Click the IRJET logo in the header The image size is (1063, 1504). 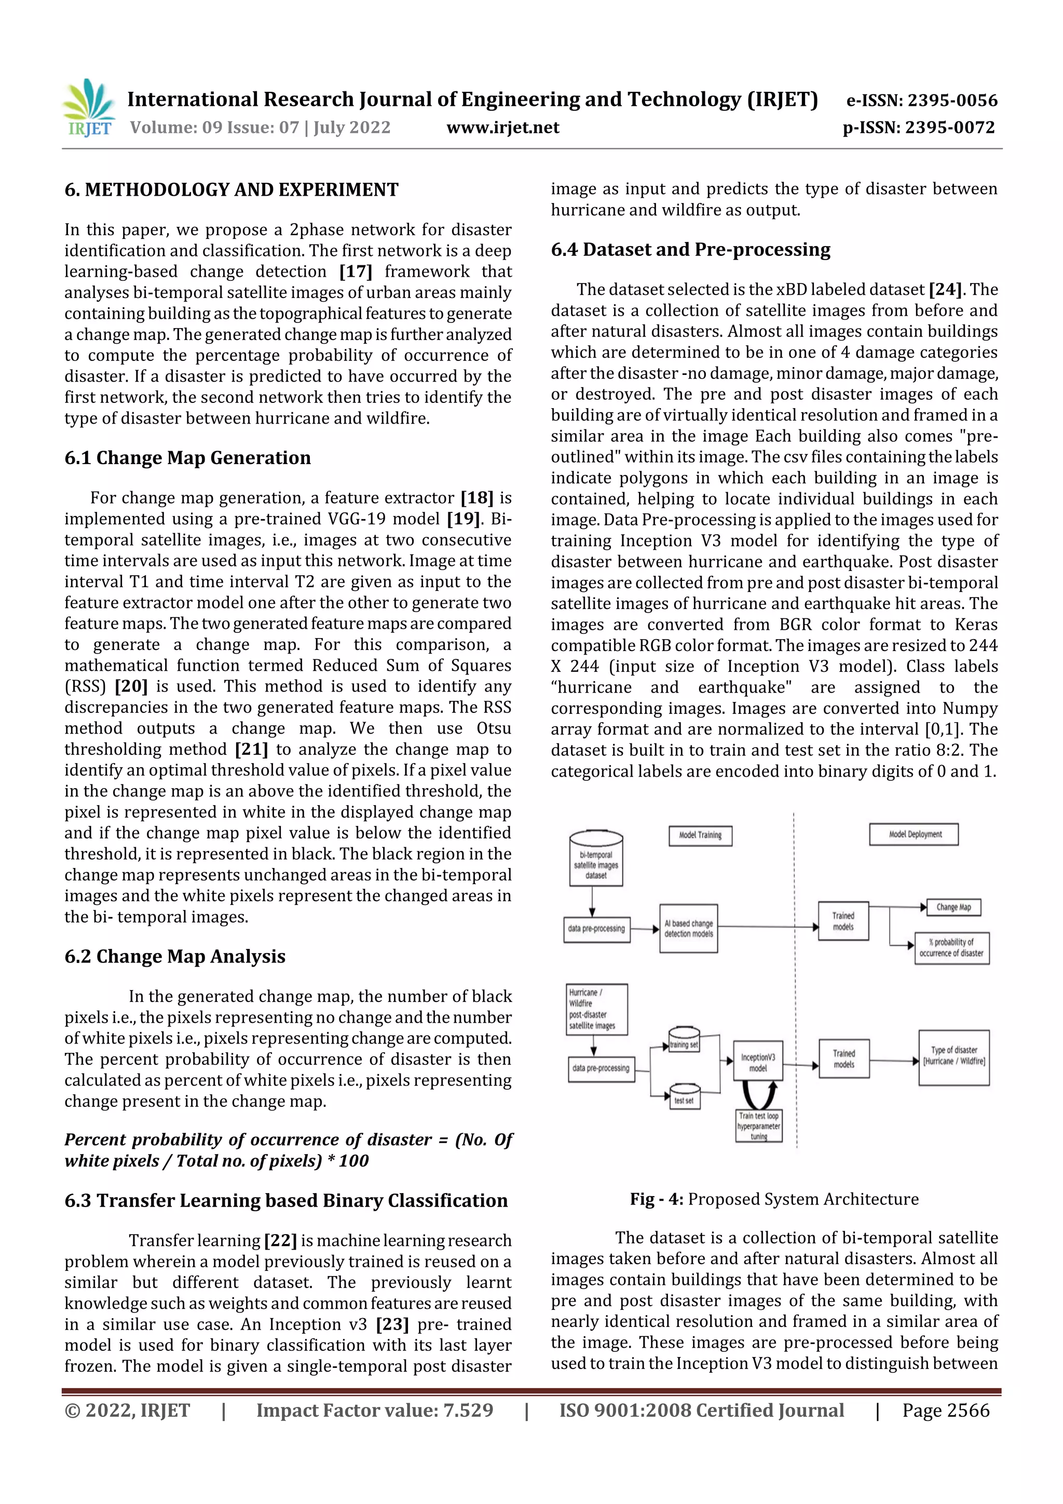88,107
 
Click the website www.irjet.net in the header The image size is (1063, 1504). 502,127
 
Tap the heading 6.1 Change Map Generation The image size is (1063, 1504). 187,457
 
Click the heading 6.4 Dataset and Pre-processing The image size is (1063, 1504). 690,250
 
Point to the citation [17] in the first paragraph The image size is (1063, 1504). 356,271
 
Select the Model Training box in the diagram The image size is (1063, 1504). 700,835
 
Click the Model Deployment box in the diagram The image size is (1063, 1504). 915,834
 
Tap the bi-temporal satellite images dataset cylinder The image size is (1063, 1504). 595,859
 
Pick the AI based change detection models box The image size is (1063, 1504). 688,928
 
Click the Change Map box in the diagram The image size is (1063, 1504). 953,907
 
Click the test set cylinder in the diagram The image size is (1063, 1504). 684,1097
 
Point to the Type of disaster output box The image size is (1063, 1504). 953,1056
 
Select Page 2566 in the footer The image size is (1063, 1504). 945,1411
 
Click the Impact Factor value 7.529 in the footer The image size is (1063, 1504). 375,1411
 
